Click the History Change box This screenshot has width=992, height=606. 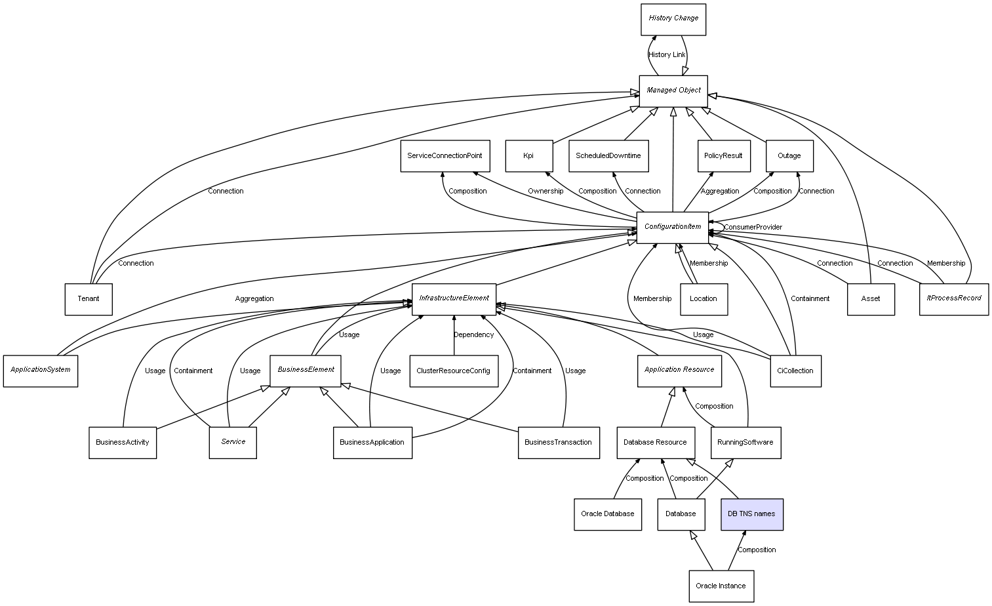673,19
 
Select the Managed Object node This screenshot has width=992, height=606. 673,91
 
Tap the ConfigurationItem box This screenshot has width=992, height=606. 673,227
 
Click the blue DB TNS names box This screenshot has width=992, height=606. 751,514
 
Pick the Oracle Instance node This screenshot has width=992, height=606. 721,586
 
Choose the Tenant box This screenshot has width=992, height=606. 89,299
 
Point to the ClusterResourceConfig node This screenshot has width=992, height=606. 453,371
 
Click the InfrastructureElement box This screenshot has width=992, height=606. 454,298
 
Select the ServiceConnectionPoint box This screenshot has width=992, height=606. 445,156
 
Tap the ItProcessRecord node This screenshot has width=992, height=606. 953,298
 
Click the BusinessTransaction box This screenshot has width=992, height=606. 558,443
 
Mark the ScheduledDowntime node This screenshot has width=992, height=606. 608,156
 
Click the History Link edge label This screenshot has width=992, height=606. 667,55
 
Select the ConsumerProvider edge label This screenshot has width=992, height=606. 753,228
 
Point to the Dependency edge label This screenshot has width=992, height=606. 473,335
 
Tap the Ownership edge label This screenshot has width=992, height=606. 546,192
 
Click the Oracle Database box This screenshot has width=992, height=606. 607,514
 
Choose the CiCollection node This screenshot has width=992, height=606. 795,371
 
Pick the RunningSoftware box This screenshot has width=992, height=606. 745,443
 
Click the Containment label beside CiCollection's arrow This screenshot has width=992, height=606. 810,299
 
